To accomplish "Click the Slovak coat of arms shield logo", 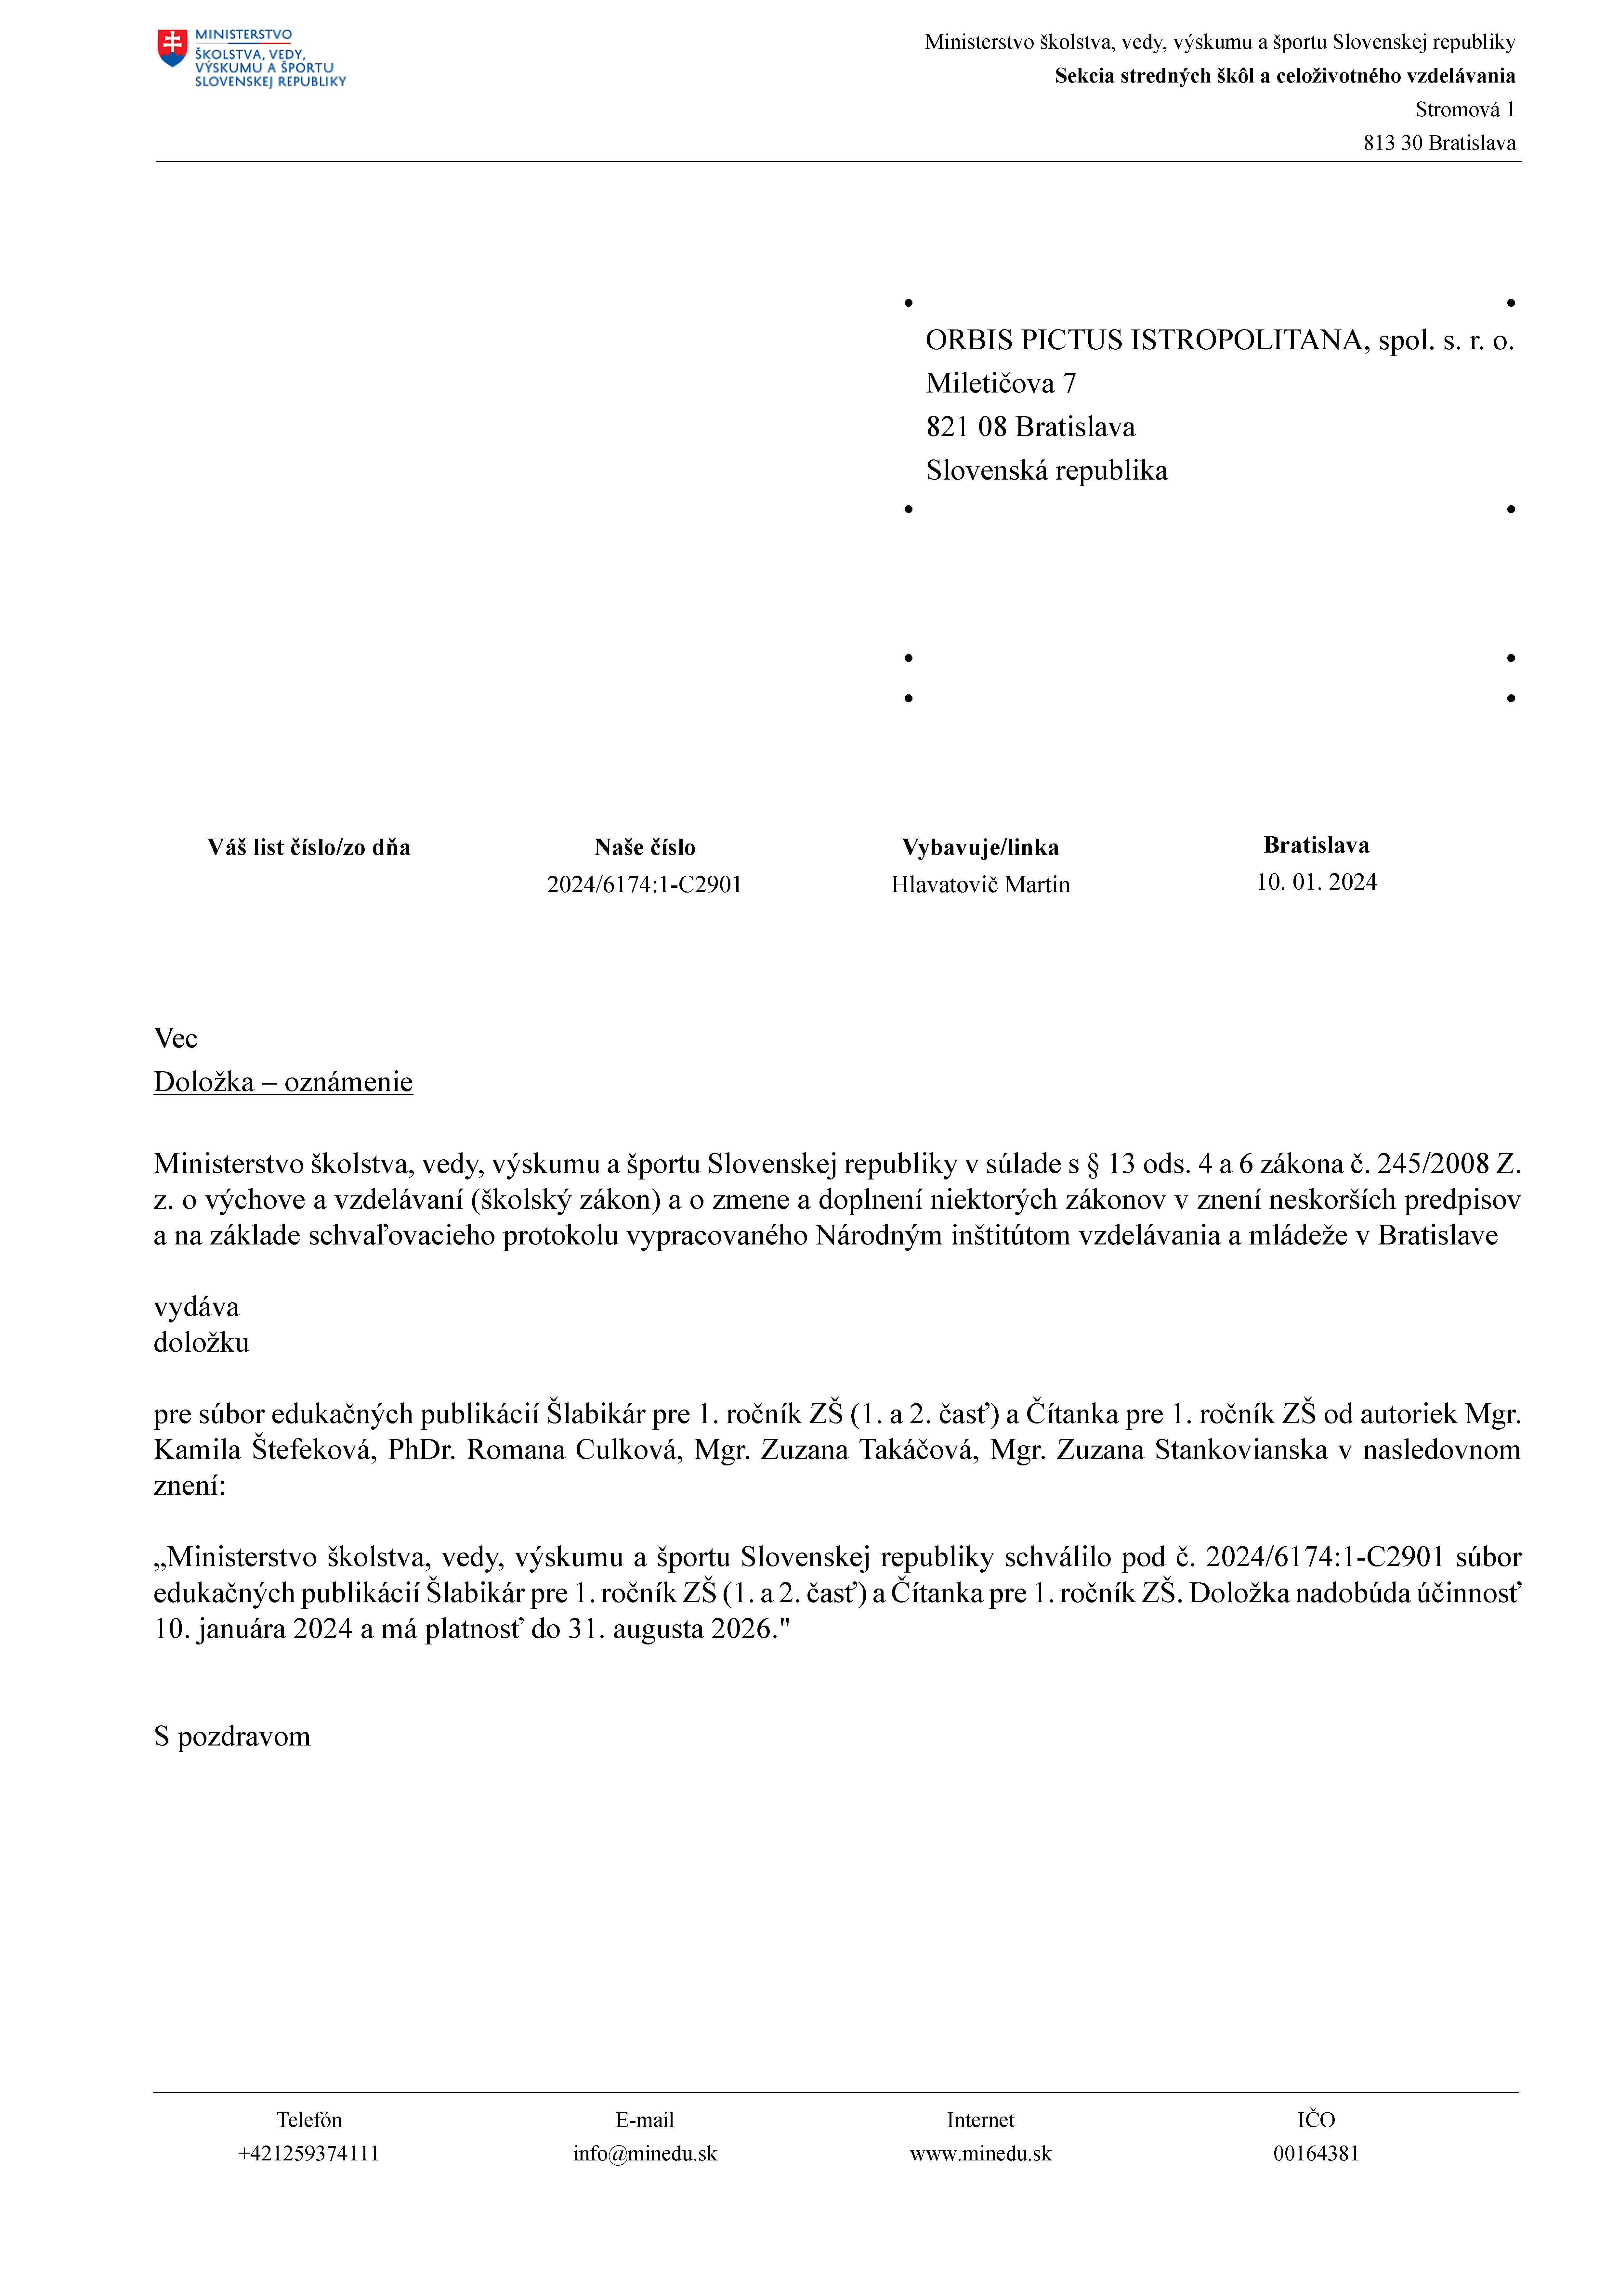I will (172, 48).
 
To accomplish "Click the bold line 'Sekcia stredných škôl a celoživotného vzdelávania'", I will (1284, 76).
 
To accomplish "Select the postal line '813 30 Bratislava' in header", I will (1439, 143).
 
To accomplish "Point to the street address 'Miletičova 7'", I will (1000, 383).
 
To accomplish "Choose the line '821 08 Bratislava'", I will (1030, 427).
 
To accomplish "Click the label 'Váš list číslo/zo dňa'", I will (309, 847).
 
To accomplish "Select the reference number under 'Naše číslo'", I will (645, 885).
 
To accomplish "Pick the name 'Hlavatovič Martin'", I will (980, 885).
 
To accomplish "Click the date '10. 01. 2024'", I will (1316, 882).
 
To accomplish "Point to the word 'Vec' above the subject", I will (176, 1039).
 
